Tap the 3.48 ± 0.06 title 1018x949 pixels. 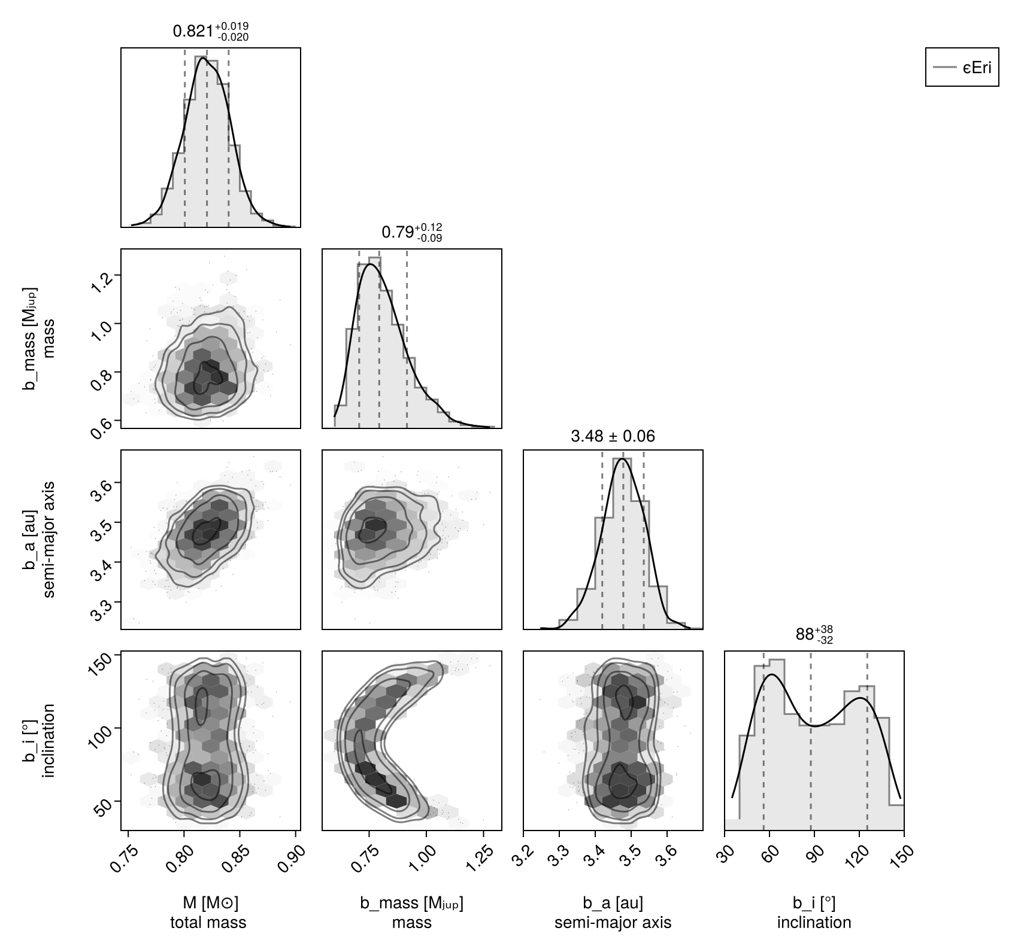coord(613,436)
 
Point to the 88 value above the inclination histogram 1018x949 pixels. coord(804,635)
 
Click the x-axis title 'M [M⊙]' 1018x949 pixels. coord(208,903)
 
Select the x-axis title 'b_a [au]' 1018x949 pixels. coord(613,903)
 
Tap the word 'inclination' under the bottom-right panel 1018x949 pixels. coord(814,922)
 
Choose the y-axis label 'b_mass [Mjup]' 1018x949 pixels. coord(30,339)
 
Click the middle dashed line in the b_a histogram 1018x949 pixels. coord(623,539)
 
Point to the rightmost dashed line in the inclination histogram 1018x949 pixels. coord(867,742)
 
